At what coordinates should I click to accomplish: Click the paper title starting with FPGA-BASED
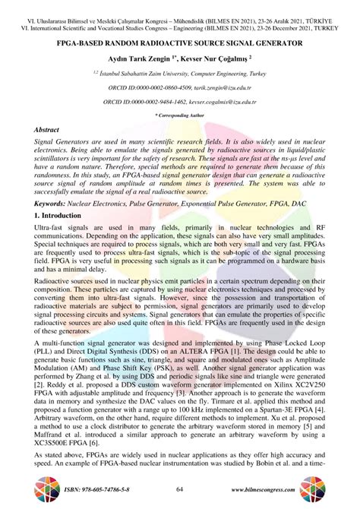(180, 45)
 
